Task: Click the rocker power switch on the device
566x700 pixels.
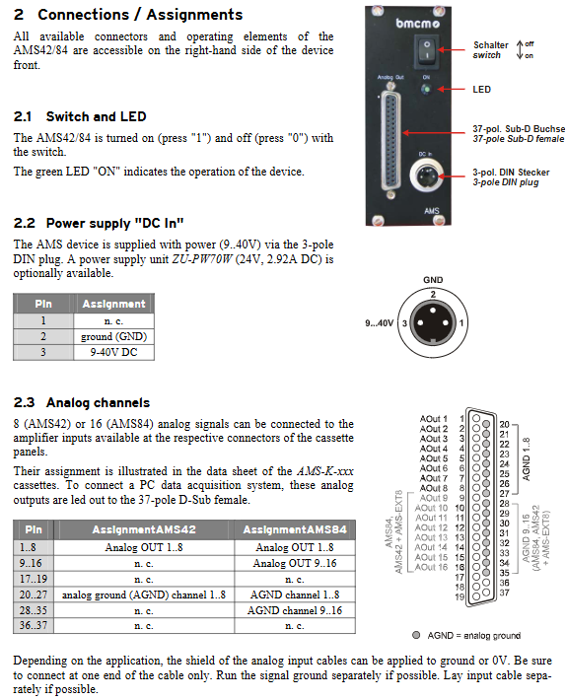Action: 427,49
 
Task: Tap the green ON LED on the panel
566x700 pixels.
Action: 426,90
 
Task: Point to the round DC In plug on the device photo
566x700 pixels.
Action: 425,175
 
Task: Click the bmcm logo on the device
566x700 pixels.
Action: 417,23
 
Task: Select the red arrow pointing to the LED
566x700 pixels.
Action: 452,90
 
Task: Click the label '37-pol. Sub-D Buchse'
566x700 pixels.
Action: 519,128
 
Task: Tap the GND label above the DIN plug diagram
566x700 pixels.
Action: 433,280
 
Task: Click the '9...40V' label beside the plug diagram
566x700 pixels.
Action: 379,322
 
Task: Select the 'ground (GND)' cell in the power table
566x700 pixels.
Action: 113,336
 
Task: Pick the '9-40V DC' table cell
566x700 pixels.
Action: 113,352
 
